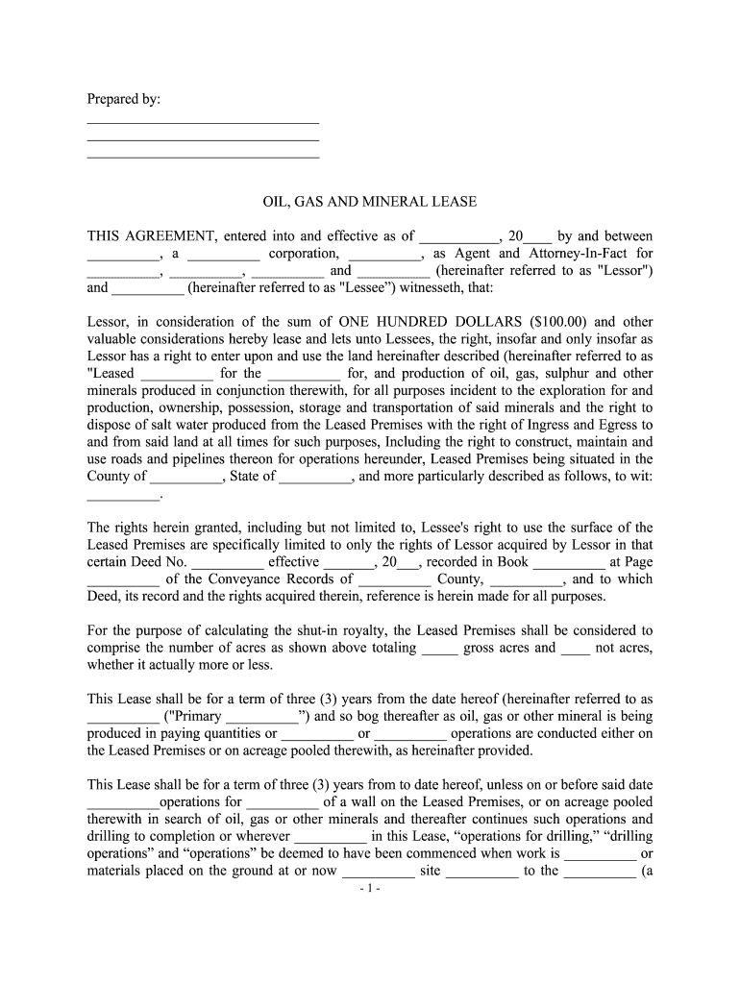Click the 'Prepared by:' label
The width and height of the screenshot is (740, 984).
point(124,100)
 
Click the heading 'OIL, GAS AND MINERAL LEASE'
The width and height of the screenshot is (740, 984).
point(370,202)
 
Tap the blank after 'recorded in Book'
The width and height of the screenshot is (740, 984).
point(568,563)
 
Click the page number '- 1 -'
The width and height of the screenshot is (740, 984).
point(370,889)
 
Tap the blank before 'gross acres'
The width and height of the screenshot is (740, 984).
point(440,649)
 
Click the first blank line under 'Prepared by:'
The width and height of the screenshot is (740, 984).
point(203,123)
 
